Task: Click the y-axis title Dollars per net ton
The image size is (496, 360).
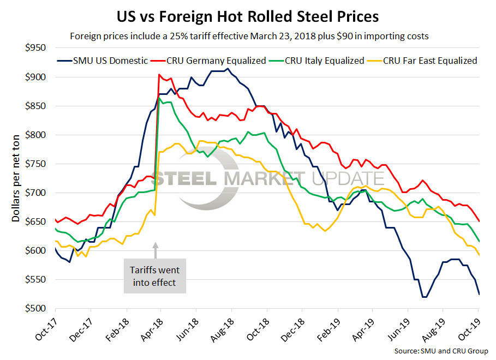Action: coord(16,178)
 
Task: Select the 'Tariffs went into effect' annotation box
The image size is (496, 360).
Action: coord(154,276)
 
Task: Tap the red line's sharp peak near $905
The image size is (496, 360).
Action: coord(158,75)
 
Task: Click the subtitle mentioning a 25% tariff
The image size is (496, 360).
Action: coord(248,37)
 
